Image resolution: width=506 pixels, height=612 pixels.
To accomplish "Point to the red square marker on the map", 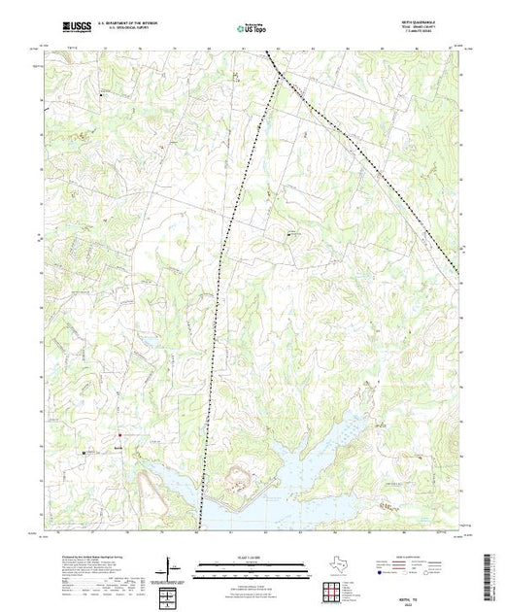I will (x=119, y=434).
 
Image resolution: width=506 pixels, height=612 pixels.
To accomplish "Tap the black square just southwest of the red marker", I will (x=84, y=452).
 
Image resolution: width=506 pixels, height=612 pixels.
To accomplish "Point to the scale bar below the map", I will (x=252, y=566).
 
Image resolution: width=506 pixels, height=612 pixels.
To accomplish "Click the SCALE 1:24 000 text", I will (x=253, y=557).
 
